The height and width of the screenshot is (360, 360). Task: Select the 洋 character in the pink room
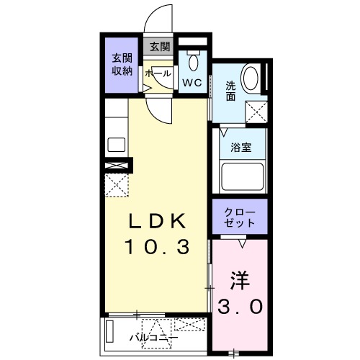tap(240, 279)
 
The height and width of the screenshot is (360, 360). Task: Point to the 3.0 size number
tap(240, 306)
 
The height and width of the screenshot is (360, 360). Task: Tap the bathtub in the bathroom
tap(240, 175)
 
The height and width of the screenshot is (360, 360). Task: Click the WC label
tap(191, 83)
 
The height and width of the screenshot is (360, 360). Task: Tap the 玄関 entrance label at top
tap(159, 47)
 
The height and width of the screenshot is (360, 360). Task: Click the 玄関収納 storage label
tap(121, 64)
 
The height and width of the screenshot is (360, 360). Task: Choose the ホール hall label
tap(158, 73)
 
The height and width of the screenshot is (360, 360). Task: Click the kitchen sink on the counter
tap(116, 143)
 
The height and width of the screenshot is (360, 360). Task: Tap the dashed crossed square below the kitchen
tap(117, 186)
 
